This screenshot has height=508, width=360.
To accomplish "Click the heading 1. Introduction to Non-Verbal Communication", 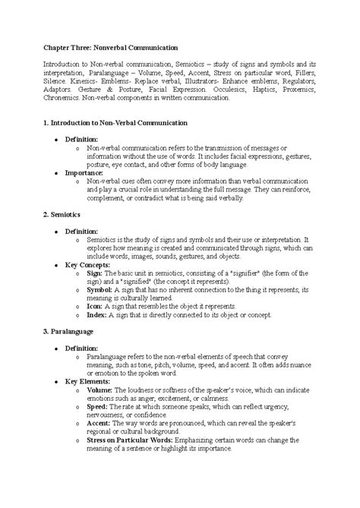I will (125, 121).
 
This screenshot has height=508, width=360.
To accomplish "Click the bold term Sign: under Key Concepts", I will (96, 273).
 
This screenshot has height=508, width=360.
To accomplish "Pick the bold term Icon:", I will (96, 305).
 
